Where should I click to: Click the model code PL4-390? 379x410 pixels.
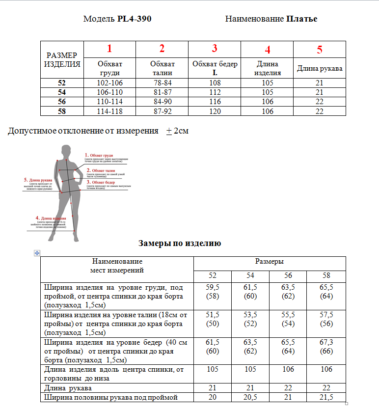coord(134,19)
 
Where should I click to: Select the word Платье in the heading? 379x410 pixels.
coord(301,19)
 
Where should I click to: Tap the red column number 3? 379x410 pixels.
coord(215,49)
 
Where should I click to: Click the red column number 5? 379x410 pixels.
coord(320,50)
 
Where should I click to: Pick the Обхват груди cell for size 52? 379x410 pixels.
coord(110,83)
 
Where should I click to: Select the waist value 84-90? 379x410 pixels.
coord(162,102)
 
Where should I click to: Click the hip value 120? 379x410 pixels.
coord(215,111)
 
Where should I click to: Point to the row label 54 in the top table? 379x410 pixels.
coord(62,92)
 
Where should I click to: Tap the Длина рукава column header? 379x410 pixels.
coord(320,69)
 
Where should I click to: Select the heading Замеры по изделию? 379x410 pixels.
coord(180,243)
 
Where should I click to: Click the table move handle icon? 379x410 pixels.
coord(36,253)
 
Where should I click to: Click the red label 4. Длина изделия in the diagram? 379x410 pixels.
coord(52,218)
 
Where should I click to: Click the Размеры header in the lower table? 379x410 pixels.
coord(270,262)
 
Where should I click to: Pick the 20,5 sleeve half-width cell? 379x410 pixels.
coord(250,397)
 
